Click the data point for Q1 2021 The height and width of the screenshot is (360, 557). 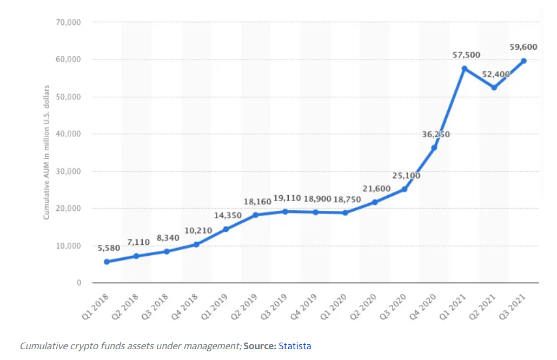click(464, 69)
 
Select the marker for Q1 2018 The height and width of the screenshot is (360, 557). click(107, 262)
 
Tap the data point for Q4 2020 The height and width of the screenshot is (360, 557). click(434, 148)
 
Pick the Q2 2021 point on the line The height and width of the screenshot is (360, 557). click(494, 88)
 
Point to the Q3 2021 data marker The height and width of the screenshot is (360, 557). click(523, 61)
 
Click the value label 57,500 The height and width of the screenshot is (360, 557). click(466, 55)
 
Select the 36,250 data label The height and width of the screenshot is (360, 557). click(436, 134)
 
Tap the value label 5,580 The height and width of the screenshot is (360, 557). click(109, 248)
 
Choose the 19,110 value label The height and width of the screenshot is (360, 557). click(287, 198)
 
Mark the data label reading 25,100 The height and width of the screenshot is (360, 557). click(406, 176)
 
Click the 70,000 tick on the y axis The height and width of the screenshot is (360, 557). click(68, 22)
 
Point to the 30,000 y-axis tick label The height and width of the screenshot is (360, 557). click(68, 171)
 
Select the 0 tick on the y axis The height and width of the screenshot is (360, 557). click(78, 283)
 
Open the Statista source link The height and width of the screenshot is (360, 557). click(295, 346)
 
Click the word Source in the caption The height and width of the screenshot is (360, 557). click(260, 346)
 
